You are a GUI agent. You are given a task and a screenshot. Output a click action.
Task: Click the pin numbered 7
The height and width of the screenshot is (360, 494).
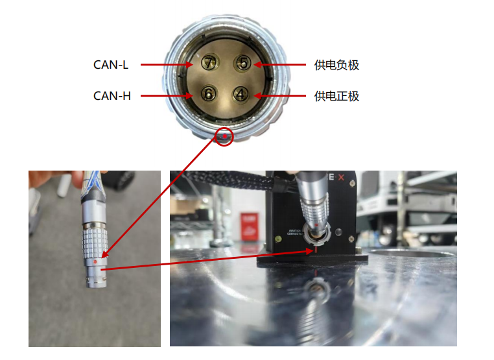click(x=209, y=63)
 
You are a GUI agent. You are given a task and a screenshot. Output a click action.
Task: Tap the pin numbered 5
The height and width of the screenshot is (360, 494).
click(x=242, y=63)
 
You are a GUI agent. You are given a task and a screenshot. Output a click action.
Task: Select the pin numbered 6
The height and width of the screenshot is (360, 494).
click(x=209, y=93)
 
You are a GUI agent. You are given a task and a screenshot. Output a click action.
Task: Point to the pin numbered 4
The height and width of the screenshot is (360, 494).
click(x=241, y=94)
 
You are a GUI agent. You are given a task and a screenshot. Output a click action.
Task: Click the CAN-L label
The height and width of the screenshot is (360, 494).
click(x=111, y=65)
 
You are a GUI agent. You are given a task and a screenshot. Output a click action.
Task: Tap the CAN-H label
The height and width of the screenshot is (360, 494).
click(x=112, y=96)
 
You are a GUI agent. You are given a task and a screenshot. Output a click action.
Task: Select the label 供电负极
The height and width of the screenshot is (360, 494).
click(x=336, y=66)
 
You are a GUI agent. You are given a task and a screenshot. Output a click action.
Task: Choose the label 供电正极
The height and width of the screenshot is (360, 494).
click(x=336, y=96)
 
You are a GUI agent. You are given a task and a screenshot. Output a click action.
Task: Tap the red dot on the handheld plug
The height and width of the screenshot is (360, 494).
click(x=95, y=262)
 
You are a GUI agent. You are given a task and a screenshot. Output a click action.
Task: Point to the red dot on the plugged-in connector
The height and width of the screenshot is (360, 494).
click(x=316, y=225)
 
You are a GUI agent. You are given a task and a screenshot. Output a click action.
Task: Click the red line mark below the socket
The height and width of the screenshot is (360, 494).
click(x=316, y=250)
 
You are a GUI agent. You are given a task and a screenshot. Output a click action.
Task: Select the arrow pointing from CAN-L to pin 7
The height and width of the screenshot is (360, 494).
click(x=167, y=65)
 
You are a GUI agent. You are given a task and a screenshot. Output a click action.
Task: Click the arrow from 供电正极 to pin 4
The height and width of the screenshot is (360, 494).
click(x=280, y=95)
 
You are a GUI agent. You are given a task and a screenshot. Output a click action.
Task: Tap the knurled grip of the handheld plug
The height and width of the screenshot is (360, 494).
click(x=95, y=242)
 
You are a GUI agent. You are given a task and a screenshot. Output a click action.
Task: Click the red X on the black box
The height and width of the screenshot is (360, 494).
click(x=341, y=178)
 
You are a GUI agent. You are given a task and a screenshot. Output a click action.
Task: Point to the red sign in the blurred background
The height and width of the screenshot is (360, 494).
click(x=250, y=226)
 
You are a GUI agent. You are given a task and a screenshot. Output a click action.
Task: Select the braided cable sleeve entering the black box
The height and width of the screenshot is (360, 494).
click(x=231, y=182)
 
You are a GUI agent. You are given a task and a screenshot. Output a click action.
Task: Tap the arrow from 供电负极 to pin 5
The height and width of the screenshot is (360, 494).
click(x=280, y=65)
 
